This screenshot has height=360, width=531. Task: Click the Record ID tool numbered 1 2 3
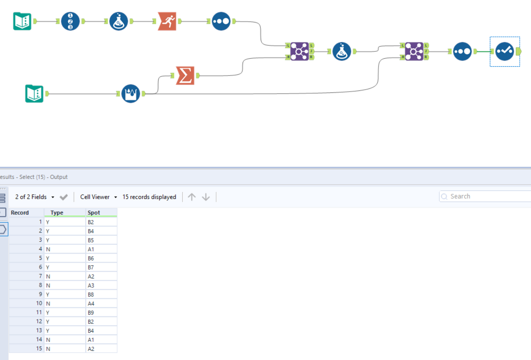coord(70,21)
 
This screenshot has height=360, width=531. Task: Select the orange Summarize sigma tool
coord(185,76)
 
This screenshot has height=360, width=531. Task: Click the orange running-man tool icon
coord(167,21)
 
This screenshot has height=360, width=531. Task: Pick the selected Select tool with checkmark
coord(505,51)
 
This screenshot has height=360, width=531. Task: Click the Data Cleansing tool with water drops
coord(131,94)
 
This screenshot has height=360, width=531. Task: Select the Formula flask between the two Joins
coord(341,51)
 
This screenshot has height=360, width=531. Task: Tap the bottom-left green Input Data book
coord(34,94)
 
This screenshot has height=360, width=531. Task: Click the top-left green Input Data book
coord(22,21)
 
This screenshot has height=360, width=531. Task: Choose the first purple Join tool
coord(300,51)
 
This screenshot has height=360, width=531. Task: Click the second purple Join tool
coord(414,51)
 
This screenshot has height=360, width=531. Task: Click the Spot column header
coord(94,213)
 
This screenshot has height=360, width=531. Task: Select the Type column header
coord(57,213)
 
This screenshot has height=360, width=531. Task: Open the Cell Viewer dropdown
coord(99,197)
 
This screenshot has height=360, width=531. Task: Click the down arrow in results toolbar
coord(206,197)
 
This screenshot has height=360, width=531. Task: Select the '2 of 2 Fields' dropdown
coord(34,197)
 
